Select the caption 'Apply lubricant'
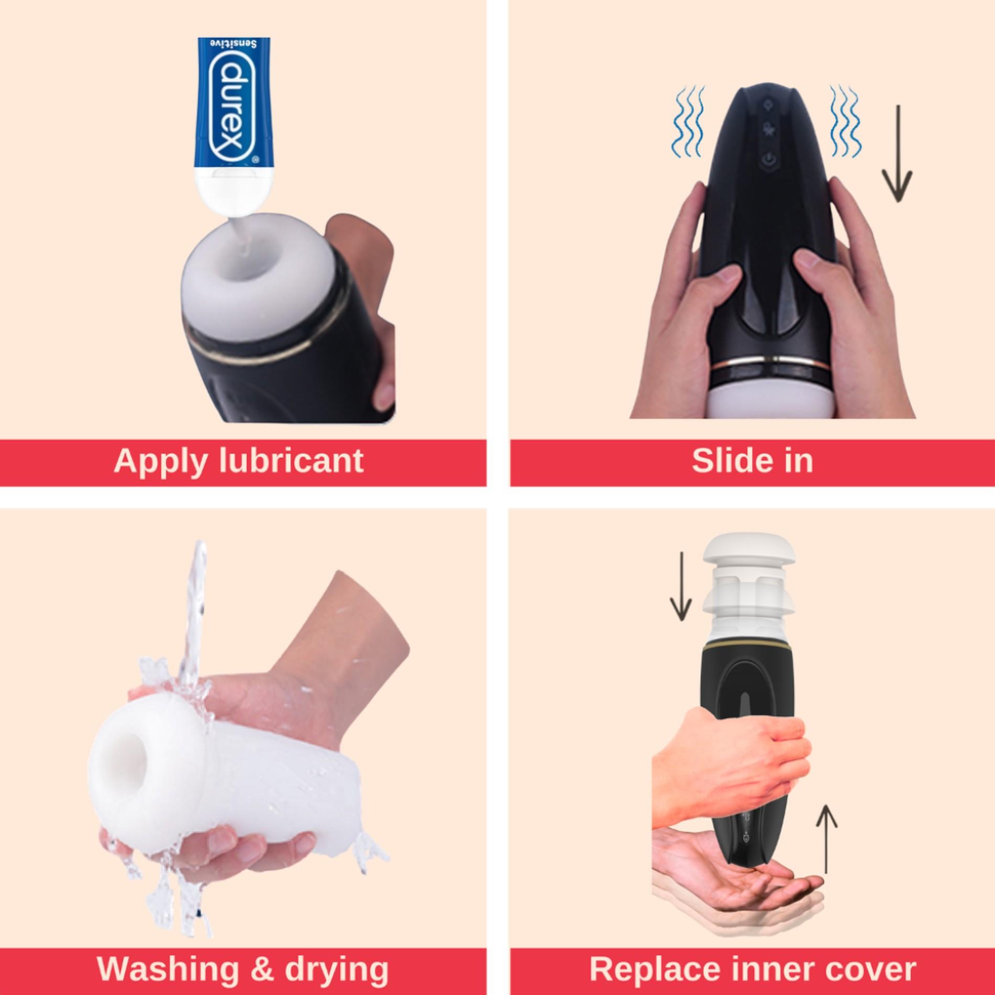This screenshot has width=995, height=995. pyautogui.click(x=238, y=461)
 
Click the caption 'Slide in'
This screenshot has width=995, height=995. pyautogui.click(x=752, y=461)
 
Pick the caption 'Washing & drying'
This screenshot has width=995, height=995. pyautogui.click(x=242, y=969)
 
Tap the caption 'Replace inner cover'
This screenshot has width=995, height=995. pyautogui.click(x=753, y=969)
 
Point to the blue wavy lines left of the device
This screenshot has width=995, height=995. pyautogui.click(x=687, y=123)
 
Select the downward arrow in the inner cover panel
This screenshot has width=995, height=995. pyautogui.click(x=681, y=586)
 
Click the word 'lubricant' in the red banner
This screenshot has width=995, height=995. pyautogui.click(x=291, y=461)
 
